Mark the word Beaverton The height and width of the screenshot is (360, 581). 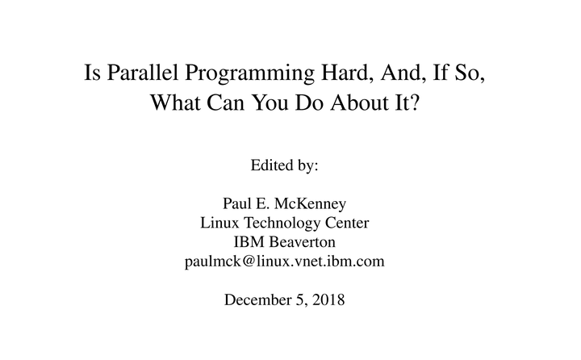[x=307, y=242]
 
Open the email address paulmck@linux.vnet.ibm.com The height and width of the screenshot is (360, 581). [x=285, y=262]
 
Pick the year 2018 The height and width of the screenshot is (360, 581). [x=328, y=300]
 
